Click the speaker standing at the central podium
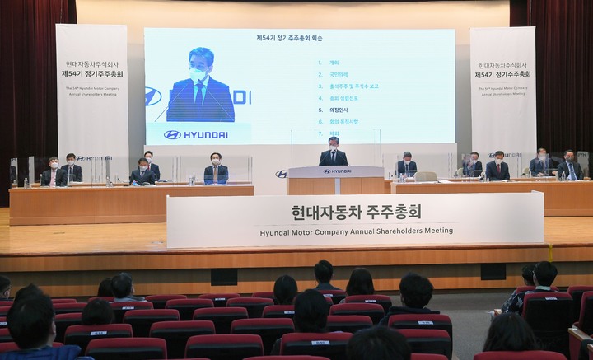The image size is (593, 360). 333,153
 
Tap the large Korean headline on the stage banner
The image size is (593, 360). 355,213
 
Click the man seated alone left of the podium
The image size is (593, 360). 216,168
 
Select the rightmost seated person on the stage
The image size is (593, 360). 568,166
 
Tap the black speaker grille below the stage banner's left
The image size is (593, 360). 223,277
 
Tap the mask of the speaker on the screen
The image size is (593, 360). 198,74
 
